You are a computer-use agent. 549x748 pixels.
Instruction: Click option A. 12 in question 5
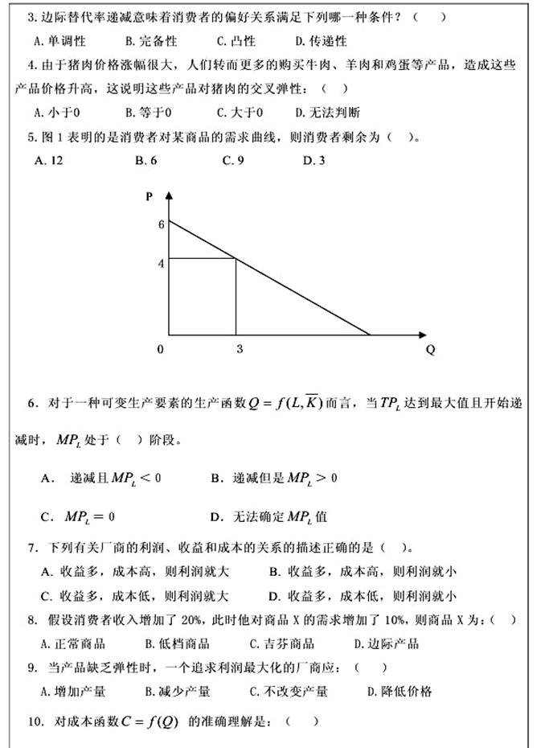49,161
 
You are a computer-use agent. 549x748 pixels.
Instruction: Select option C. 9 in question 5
232,161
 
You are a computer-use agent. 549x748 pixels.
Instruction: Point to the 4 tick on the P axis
161,262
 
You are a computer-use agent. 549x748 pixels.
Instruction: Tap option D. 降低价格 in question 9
399,692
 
